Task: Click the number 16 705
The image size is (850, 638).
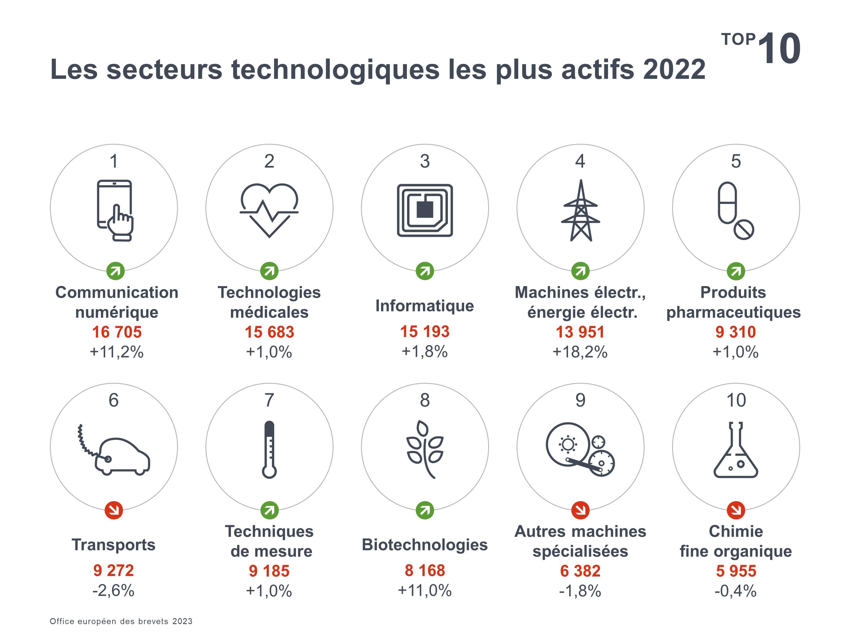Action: (117, 332)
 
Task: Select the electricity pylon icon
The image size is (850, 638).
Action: (580, 211)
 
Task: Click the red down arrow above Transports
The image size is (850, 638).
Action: (114, 510)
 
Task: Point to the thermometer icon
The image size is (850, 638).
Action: (269, 449)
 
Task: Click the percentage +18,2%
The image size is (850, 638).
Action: (580, 352)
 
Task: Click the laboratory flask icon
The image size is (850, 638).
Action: (736, 450)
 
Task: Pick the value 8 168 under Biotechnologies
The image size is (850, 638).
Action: (425, 570)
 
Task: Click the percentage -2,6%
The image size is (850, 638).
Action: (113, 590)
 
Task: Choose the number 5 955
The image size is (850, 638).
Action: (736, 571)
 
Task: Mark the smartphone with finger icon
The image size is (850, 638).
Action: (114, 210)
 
